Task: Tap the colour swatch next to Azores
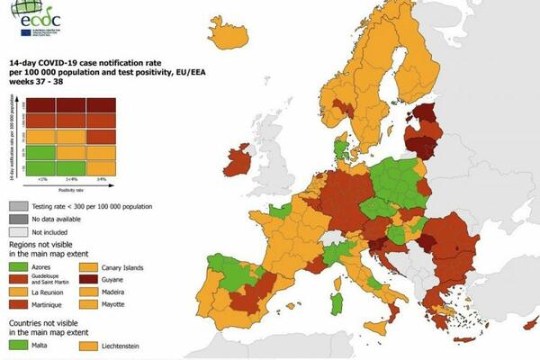click(x=19, y=267)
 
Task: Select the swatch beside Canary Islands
click(x=87, y=267)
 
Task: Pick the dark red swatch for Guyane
click(x=87, y=280)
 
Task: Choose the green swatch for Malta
click(x=19, y=343)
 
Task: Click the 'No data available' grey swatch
click(x=19, y=218)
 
